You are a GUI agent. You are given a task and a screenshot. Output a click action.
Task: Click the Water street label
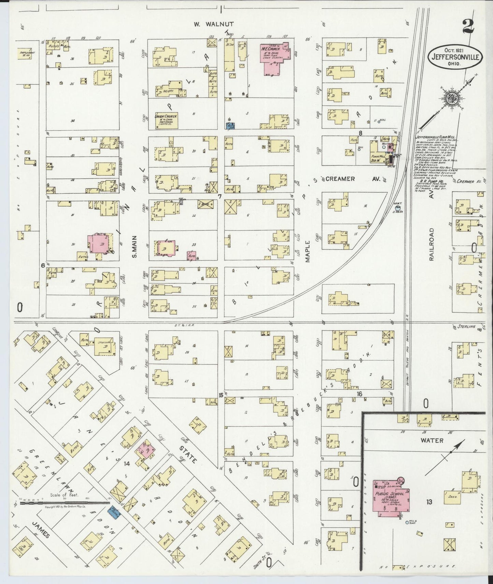pyautogui.click(x=432, y=441)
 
